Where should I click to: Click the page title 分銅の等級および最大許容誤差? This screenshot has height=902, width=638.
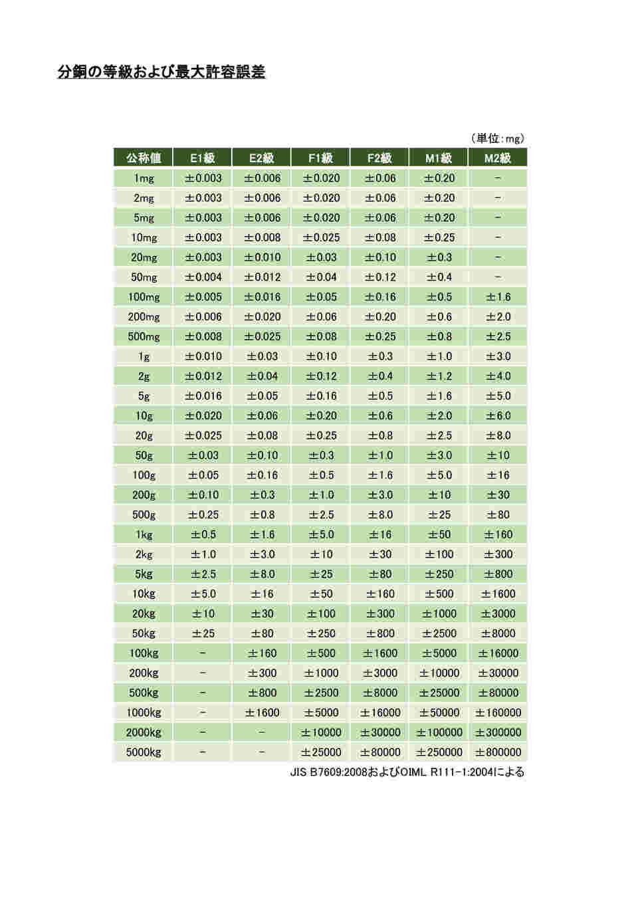pos(161,72)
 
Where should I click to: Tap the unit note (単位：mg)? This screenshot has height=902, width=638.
pos(497,138)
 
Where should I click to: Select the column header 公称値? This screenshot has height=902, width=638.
pos(144,158)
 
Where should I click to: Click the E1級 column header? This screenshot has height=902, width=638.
pos(203,158)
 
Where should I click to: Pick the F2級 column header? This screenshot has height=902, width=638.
pos(379,158)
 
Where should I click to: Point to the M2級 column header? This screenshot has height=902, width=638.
pos(498,158)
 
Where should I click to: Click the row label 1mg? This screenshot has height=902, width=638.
pos(144,178)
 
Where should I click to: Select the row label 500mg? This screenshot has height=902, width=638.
pos(144,336)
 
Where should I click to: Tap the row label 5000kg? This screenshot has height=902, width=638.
pos(144,752)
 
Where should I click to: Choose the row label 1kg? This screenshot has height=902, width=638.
pos(144,534)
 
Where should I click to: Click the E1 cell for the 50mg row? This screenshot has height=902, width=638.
pos(203,277)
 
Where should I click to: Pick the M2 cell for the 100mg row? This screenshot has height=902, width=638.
pos(498,297)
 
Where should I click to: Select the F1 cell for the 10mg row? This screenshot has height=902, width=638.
pos(321,237)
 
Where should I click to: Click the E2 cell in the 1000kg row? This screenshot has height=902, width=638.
pos(262,713)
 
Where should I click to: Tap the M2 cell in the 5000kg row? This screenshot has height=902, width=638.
pos(498,752)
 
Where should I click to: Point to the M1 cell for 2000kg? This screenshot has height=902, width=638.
pos(439,733)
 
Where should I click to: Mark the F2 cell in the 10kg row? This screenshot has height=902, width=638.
pos(379,594)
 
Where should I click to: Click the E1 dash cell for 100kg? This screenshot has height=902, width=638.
pos(203,653)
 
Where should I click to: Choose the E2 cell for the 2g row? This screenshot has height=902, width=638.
pos(262,376)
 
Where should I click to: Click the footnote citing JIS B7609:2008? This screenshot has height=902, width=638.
pos(407,772)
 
